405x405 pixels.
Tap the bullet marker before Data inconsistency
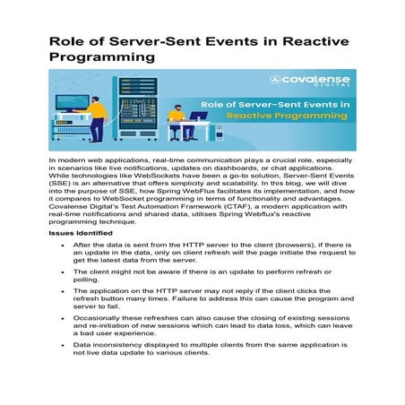61,344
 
